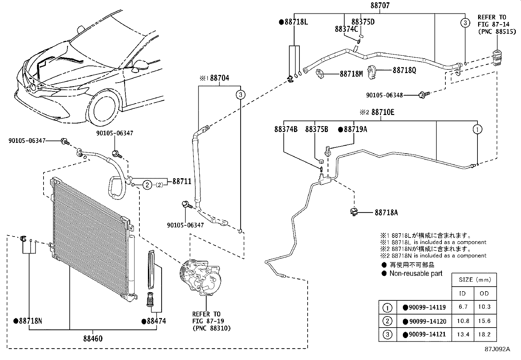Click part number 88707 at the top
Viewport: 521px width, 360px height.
coord(380,6)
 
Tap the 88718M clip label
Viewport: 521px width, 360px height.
coord(351,74)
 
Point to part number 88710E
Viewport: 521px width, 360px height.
coord(383,112)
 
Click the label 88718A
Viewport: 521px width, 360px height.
coord(386,213)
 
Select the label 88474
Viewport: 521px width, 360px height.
coord(156,321)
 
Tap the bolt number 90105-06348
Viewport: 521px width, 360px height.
coord(384,95)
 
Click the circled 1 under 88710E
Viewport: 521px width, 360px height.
coord(477,129)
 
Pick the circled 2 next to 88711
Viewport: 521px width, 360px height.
coord(147,185)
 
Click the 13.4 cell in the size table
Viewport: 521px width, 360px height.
coord(463,334)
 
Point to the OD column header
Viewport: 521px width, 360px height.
coord(484,293)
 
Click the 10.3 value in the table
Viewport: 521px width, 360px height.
coord(484,307)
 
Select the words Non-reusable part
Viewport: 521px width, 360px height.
coord(416,273)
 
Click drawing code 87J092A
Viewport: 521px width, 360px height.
coord(497,349)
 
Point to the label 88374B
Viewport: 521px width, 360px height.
coord(286,129)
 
